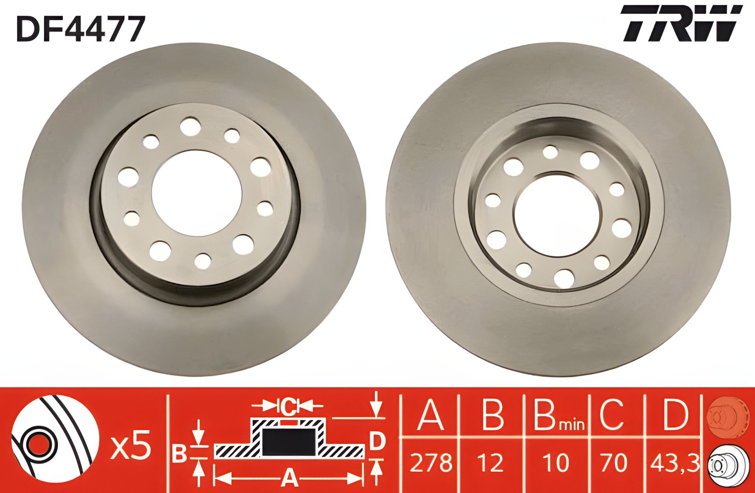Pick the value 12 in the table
[x=492, y=462]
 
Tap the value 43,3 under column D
[x=675, y=463]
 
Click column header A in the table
[x=431, y=414]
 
